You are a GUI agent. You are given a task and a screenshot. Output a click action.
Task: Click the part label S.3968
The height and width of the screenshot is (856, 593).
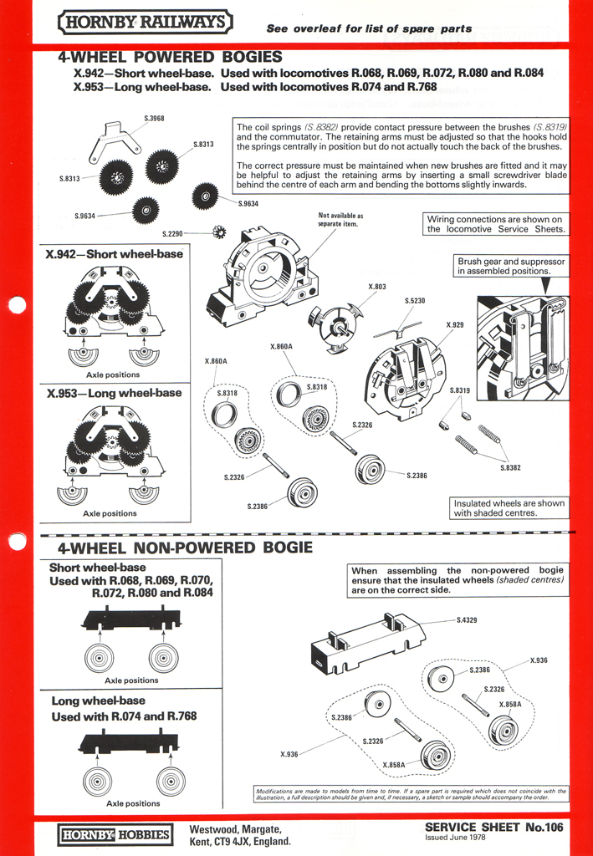coord(154,118)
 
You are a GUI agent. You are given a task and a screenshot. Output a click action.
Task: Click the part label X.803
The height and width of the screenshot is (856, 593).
coord(377,287)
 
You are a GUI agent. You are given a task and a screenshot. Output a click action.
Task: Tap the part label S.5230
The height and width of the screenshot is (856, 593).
coord(415,300)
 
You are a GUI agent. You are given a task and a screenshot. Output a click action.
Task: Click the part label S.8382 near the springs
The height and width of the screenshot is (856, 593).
coord(510,467)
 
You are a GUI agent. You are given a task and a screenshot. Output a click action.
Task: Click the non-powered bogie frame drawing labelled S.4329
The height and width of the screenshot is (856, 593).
coord(367,643)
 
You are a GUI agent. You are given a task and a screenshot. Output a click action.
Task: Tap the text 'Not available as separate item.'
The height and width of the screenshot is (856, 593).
coord(341,219)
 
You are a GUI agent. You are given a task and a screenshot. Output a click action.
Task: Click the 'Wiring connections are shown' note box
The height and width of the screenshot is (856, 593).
coord(495,224)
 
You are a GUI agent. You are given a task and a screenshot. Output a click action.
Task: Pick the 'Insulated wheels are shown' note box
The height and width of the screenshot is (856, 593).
coord(509,508)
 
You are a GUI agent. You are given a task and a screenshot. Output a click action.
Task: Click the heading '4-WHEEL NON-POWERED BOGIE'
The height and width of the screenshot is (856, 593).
coord(185,548)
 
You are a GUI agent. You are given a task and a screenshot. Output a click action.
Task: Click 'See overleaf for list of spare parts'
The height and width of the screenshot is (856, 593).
coord(369,28)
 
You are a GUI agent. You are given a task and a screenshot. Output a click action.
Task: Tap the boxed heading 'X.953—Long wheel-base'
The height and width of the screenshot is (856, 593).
coord(114,392)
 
